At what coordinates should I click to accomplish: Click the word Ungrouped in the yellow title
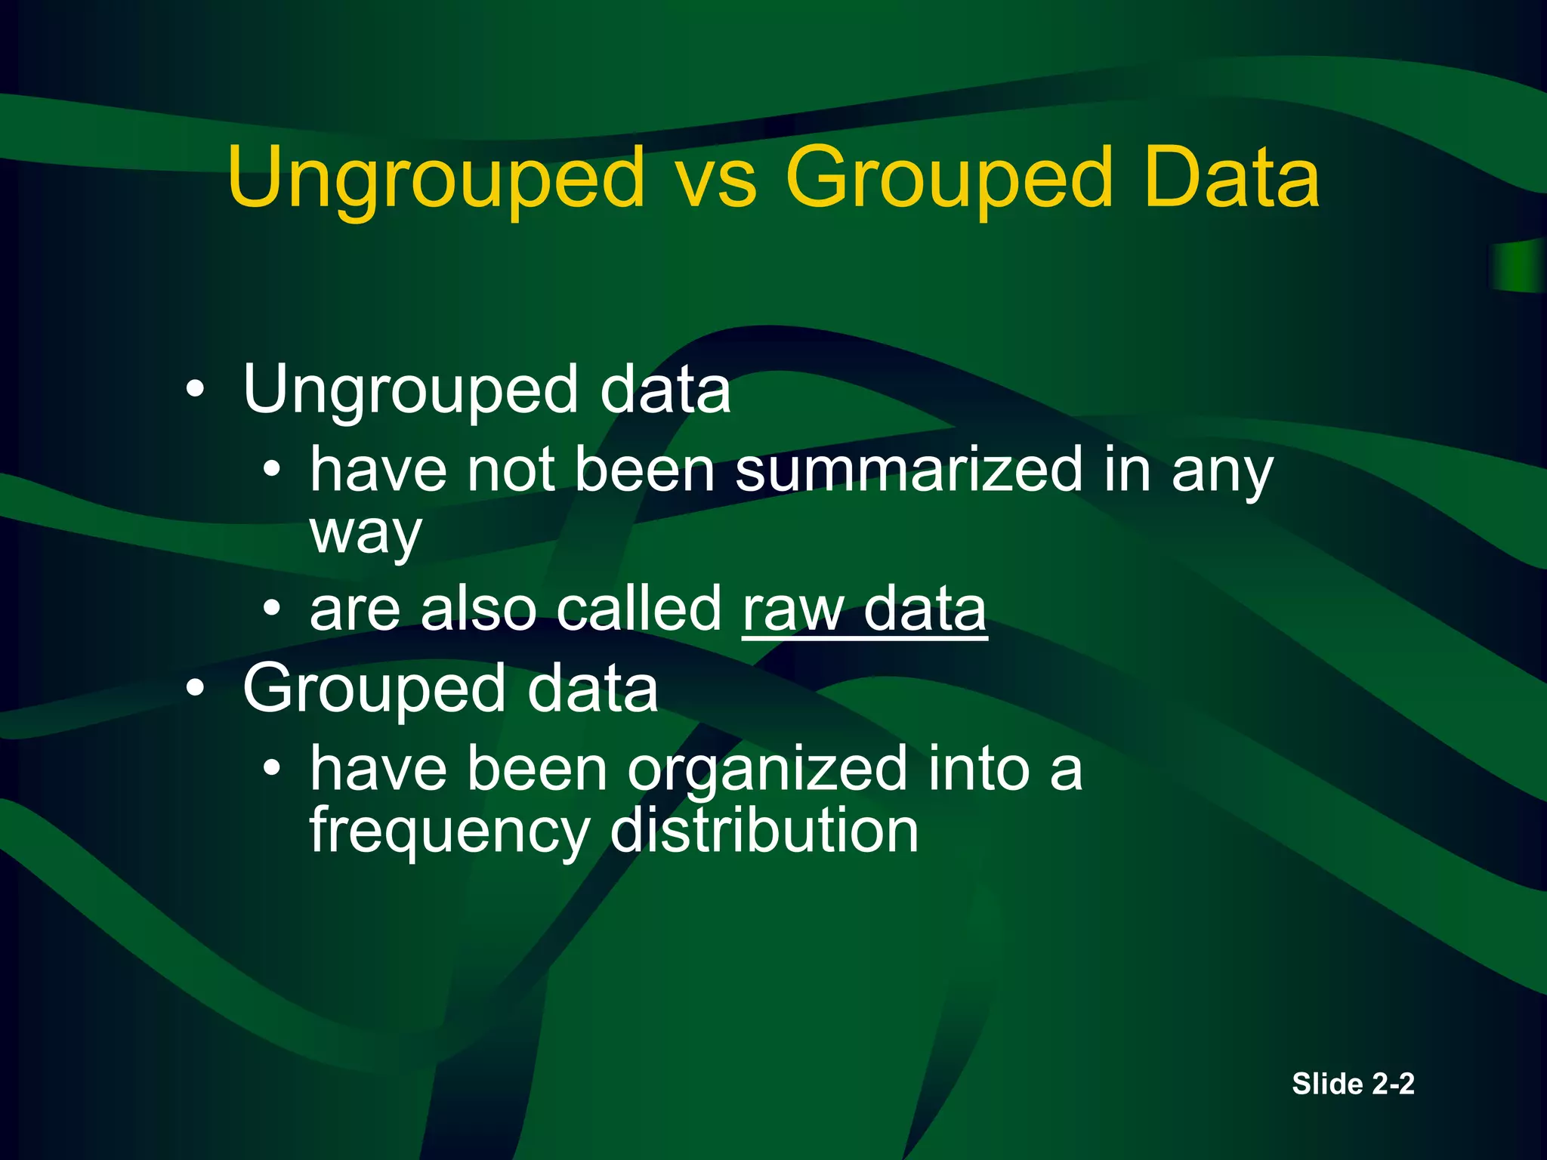point(437,178)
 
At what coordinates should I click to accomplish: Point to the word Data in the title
point(1231,178)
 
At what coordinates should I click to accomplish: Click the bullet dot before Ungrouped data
point(195,390)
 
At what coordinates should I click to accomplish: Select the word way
point(365,533)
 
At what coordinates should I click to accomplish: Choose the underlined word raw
point(793,609)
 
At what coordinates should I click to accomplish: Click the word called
point(639,609)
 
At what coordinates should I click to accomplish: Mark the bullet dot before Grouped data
point(195,689)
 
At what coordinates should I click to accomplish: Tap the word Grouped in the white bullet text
point(374,689)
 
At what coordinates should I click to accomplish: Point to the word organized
point(767,770)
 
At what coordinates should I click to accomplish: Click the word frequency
point(449,831)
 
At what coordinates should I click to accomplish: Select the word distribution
point(764,830)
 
